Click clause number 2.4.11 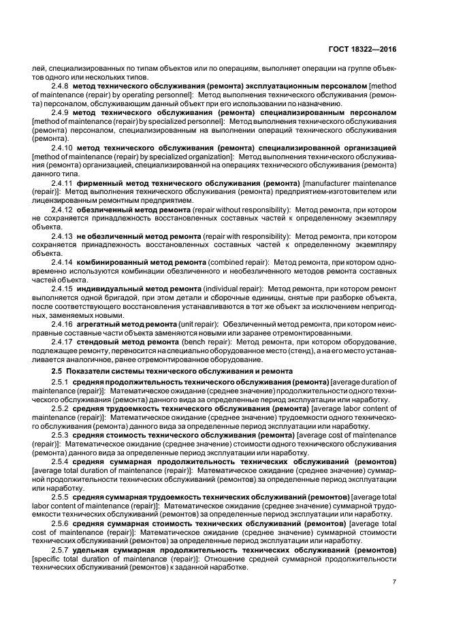63,184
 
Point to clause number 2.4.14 63,262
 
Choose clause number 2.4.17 63,342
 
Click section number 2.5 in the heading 57,370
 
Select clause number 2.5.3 61,434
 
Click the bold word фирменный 99,184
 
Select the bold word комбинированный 114,262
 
